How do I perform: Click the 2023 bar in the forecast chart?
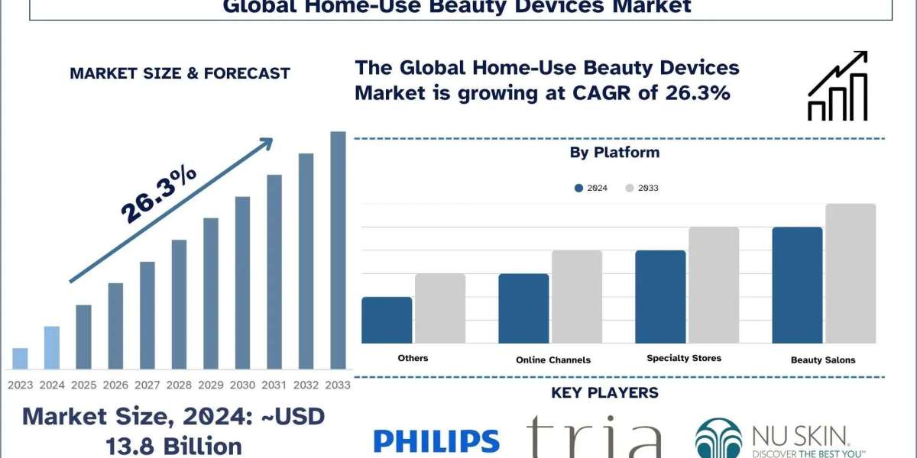(21, 359)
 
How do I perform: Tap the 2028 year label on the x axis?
(179, 385)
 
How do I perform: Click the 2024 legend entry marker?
(579, 188)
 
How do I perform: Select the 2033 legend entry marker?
(630, 188)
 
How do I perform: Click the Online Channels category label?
(553, 360)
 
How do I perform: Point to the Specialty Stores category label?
(684, 358)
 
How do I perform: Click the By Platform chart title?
(614, 153)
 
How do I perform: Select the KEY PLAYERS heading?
(604, 393)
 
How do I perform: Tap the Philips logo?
(436, 440)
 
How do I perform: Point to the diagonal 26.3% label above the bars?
(159, 195)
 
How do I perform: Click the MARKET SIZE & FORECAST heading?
(180, 73)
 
